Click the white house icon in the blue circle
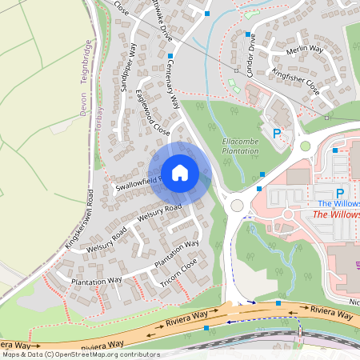click(180, 172)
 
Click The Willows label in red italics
click(335, 214)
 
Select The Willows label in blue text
click(338, 204)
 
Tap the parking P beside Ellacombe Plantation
click(277, 134)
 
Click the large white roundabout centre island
click(237, 206)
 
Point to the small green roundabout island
click(305, 146)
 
